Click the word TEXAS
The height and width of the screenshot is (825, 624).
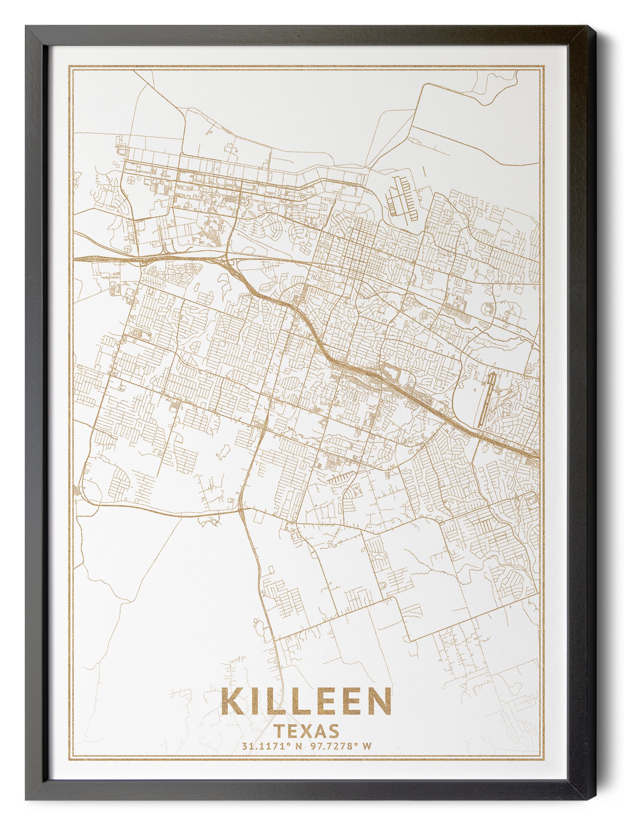click(307, 731)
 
